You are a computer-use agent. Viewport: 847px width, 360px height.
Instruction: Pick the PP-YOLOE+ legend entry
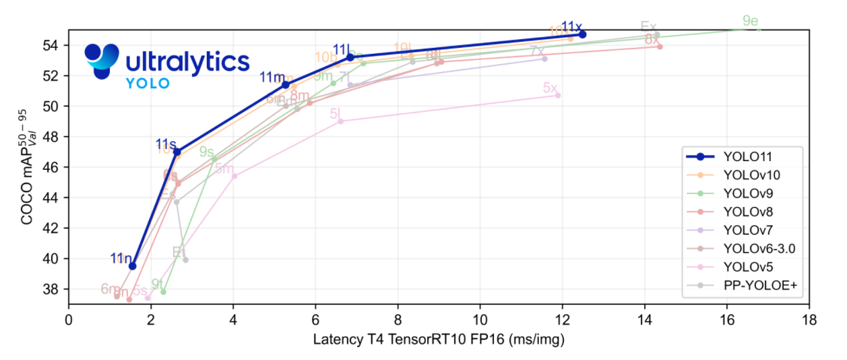(x=759, y=286)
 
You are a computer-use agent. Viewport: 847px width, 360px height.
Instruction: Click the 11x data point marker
(x=582, y=34)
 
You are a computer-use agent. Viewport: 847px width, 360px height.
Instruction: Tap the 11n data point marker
(x=133, y=266)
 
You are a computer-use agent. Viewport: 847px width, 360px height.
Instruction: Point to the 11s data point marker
(x=177, y=152)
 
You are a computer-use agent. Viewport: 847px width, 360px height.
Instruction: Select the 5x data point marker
(x=557, y=95)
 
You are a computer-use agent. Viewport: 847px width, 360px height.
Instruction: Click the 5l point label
(x=337, y=114)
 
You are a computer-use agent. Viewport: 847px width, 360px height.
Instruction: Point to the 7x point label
(x=537, y=51)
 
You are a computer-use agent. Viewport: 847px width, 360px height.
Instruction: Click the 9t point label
(x=158, y=284)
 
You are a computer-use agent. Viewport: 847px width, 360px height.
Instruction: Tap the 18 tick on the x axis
(x=809, y=318)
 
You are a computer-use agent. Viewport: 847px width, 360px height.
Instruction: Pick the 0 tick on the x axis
(x=69, y=318)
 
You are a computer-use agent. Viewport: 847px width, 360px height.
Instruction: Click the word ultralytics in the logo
(x=187, y=62)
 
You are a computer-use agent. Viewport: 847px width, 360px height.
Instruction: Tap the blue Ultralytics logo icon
(x=101, y=61)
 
